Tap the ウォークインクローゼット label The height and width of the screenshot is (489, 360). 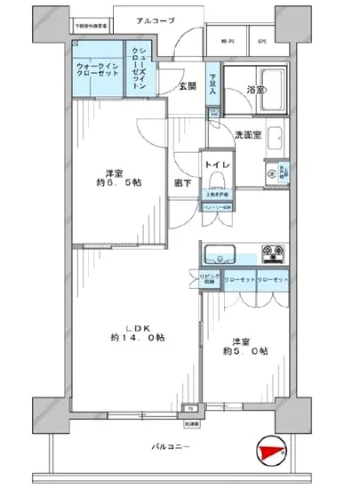93,70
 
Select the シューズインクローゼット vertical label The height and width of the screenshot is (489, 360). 139,68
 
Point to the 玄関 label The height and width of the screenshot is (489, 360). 186,86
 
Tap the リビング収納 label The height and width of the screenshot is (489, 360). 204,281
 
